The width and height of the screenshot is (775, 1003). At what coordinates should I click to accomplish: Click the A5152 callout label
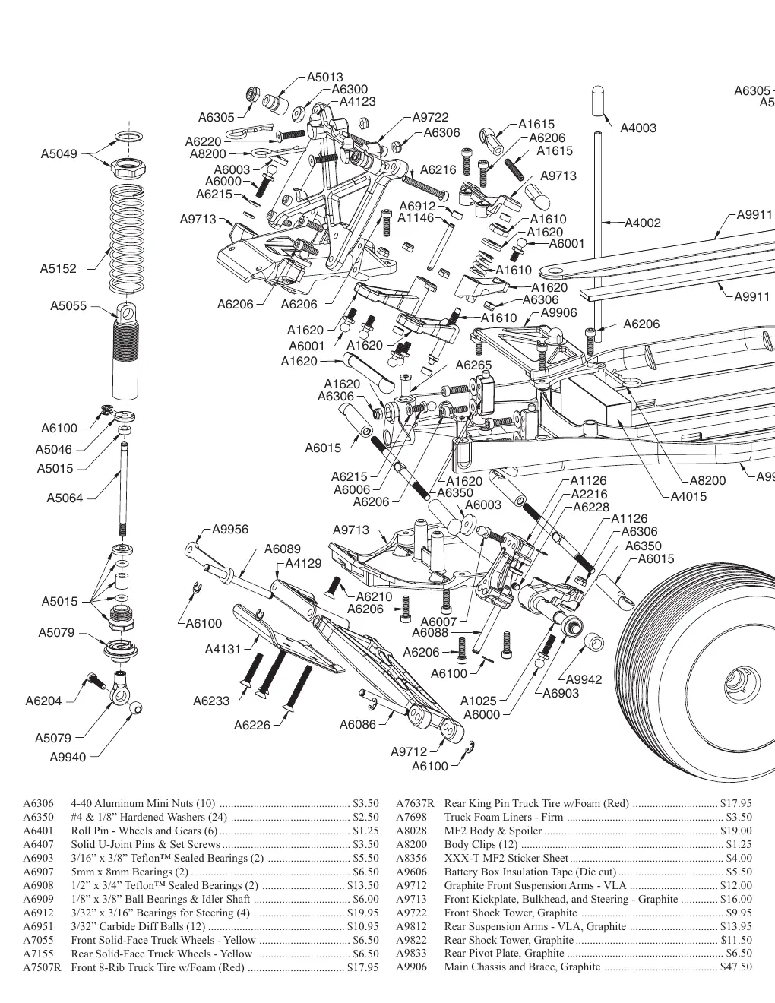point(59,269)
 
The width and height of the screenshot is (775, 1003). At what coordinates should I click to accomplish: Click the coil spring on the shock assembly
point(127,239)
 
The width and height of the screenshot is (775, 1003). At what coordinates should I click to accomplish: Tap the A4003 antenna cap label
point(638,128)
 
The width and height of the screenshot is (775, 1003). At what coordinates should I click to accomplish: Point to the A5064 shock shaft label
point(65,498)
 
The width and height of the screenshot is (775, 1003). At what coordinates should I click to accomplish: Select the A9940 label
point(68,757)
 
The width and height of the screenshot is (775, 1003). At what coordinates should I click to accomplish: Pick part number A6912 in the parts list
point(38,913)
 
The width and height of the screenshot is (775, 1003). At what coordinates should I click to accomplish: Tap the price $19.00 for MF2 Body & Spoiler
point(736,831)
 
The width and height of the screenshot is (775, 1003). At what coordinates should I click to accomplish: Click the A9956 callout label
point(230,530)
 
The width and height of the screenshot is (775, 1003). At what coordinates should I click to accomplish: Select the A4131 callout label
point(223,650)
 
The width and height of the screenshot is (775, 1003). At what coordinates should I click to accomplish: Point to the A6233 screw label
point(211,701)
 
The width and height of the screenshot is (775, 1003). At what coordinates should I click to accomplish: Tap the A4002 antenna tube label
point(643,223)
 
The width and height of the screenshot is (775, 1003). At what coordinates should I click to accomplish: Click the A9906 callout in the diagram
point(559,313)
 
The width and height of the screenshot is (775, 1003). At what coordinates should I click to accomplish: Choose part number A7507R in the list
point(42,967)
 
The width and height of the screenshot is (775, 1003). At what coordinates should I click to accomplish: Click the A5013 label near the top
point(325,77)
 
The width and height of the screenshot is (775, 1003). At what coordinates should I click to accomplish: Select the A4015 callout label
point(688,497)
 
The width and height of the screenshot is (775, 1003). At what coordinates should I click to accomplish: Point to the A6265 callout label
point(473,365)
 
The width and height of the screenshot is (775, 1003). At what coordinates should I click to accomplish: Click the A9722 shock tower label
point(431,117)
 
